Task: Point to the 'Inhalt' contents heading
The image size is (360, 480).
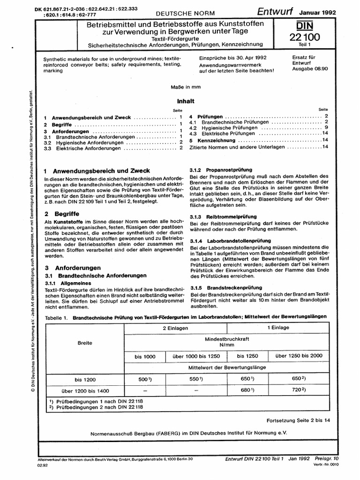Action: click(185, 101)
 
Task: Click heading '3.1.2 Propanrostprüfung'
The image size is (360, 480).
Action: click(221, 169)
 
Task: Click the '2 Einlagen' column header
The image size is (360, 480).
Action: click(175, 328)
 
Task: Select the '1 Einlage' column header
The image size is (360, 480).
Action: click(278, 328)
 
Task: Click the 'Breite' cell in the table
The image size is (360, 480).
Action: click(85, 343)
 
